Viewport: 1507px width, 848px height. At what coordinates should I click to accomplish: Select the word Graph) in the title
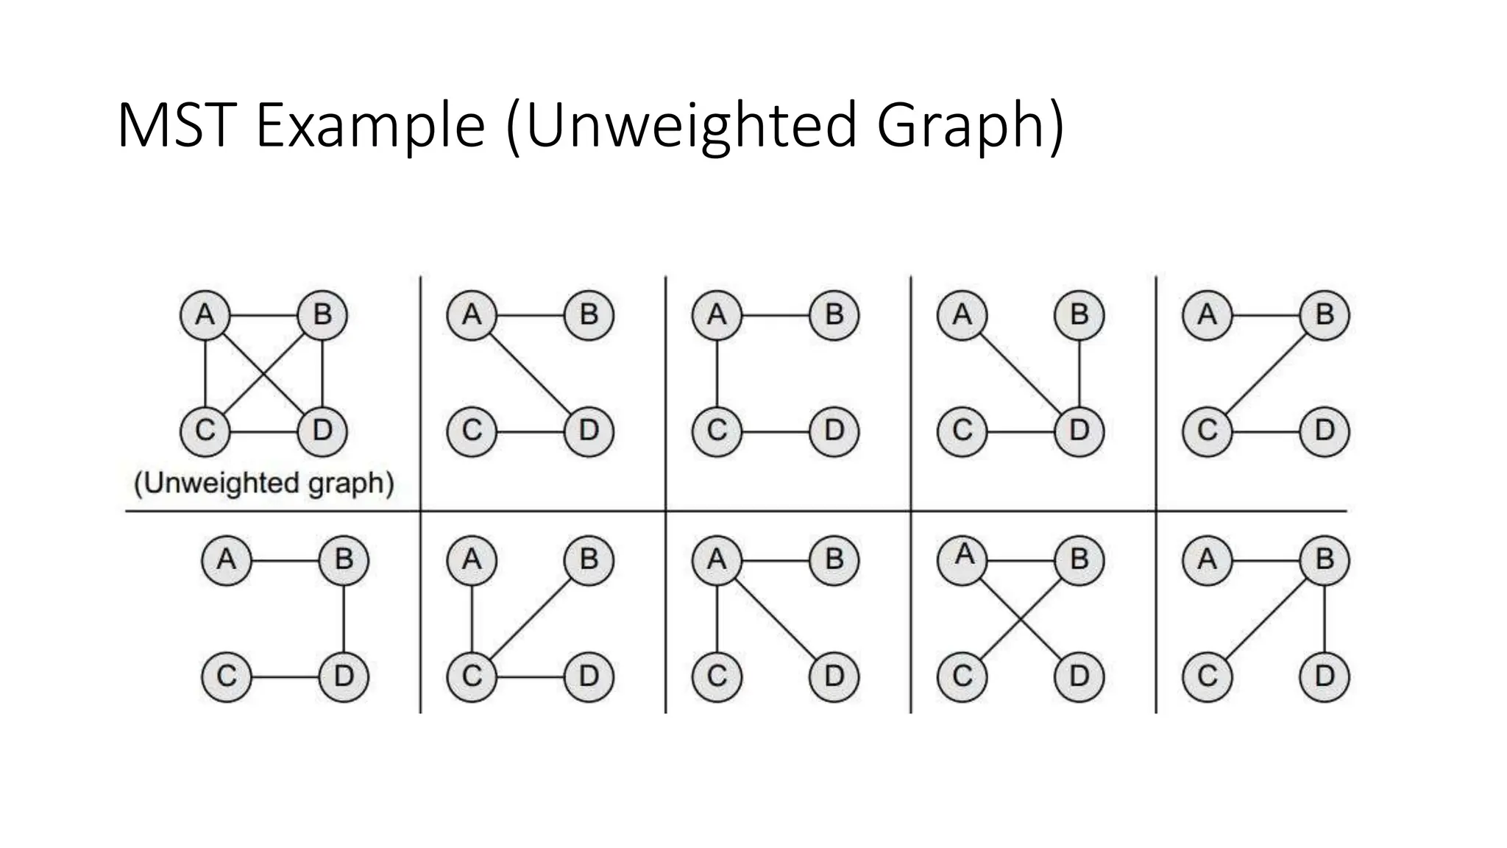coord(970,126)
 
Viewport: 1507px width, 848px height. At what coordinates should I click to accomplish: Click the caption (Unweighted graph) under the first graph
coord(263,484)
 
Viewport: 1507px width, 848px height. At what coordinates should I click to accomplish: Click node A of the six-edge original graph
coord(205,315)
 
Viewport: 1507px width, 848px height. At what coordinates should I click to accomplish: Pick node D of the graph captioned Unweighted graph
coord(322,431)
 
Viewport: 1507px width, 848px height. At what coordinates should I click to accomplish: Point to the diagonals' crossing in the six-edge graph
coord(263,373)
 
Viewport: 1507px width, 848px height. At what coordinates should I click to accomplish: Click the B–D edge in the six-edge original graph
coord(322,373)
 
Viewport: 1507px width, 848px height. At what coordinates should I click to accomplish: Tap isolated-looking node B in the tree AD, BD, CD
coord(1079,315)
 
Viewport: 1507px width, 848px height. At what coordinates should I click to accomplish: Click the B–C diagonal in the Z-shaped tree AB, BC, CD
coord(1266,373)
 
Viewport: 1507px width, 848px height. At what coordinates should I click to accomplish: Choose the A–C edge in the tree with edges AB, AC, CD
coord(717,373)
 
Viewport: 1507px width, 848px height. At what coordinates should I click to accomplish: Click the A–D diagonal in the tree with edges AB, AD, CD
coord(530,373)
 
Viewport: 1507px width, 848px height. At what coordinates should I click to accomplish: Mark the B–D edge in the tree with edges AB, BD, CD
coord(344,618)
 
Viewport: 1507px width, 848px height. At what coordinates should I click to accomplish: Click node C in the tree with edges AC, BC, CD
coord(472,676)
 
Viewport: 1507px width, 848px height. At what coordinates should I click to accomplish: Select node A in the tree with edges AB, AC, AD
coord(717,559)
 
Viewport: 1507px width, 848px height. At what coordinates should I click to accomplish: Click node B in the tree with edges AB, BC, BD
coord(1325,559)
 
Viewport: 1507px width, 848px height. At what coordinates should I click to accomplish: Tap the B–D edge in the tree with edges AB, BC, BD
coord(1325,618)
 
